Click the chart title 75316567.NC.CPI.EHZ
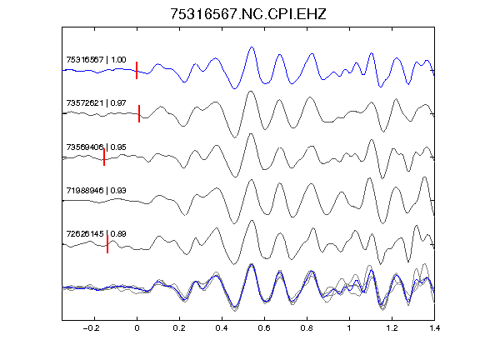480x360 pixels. [248, 14]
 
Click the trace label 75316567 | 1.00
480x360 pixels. [96, 59]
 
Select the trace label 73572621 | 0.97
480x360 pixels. [96, 102]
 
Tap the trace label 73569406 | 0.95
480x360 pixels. [96, 147]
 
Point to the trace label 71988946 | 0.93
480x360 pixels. [96, 190]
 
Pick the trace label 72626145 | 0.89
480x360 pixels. [96, 234]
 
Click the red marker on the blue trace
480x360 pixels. [137, 70]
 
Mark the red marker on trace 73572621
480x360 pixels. [139, 114]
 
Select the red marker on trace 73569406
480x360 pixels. [104, 157]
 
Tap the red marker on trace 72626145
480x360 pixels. [107, 244]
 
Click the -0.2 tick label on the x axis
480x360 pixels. [91, 328]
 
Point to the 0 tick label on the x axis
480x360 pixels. [137, 328]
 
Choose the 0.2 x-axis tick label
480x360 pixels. [179, 328]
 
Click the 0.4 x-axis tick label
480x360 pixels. [222, 328]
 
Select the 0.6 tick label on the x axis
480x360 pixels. [264, 328]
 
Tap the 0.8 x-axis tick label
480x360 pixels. [307, 328]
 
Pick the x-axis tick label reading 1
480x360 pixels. [349, 328]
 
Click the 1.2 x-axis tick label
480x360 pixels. [392, 328]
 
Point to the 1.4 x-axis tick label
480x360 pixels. [434, 328]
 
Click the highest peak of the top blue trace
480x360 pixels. [252, 47]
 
